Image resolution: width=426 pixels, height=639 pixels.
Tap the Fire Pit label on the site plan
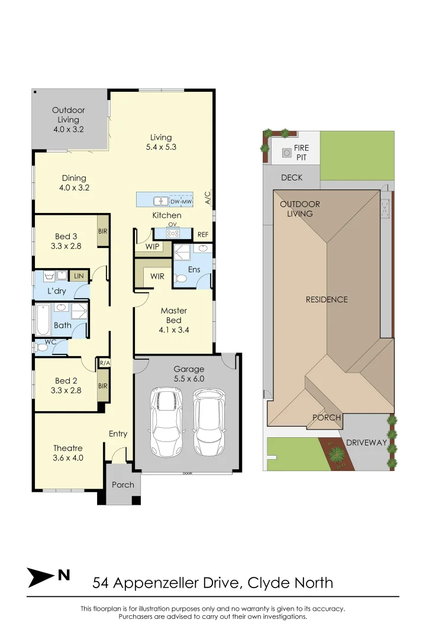pos(301,152)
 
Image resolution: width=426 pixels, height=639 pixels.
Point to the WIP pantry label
pos(152,247)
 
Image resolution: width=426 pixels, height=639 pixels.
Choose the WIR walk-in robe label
pos(157,276)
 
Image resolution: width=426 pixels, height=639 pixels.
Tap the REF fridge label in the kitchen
pos(203,235)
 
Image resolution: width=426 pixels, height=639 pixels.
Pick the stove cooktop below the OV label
pos(173,233)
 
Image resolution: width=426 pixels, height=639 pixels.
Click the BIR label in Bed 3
pos(103,231)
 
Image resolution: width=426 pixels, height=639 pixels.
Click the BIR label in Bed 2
pos(103,386)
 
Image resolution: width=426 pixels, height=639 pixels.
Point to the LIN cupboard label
pos(78,276)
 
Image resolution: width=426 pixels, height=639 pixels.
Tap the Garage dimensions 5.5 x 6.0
pos(189,378)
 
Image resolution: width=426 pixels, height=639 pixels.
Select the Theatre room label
pos(68,448)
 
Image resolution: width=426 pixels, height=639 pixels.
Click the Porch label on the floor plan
pos(123,485)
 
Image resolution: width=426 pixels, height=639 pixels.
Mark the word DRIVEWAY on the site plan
pos(366,443)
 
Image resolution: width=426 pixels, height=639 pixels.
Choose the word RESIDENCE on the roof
pos(327,299)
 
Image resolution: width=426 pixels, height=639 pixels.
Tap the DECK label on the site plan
pos(292,177)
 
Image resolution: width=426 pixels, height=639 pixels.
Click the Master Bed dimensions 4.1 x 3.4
pos(174,330)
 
